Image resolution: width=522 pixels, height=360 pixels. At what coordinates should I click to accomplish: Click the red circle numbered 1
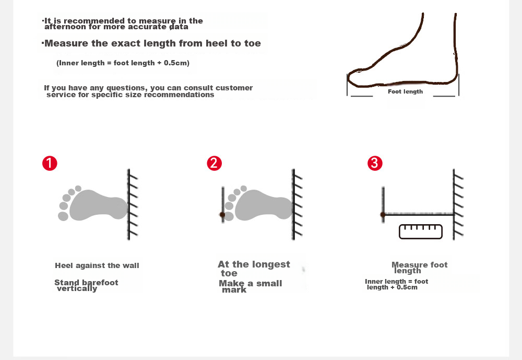coord(50,164)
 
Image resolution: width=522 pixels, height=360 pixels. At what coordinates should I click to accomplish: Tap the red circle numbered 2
coord(214,164)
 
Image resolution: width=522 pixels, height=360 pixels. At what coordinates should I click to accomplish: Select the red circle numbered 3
coord(375,164)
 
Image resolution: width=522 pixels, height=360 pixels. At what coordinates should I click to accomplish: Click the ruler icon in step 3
coord(421,231)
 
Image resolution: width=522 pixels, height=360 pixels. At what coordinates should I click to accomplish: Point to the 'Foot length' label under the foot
coord(405,91)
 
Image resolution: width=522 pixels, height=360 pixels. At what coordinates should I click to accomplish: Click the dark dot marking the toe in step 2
coord(222,215)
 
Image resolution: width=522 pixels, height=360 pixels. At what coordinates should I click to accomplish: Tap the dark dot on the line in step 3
coord(383,215)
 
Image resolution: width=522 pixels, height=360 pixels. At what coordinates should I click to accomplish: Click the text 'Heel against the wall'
coord(97,265)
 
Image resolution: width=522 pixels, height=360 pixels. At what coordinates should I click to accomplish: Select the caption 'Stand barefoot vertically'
coord(86,286)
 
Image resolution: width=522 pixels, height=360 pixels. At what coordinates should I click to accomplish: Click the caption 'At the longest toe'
coord(254,269)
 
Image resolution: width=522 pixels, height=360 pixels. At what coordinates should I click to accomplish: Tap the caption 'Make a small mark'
coord(251,286)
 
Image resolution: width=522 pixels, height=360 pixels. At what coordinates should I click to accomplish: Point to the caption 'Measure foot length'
coord(420,268)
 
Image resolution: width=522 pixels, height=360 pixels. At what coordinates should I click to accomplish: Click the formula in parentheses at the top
coord(123,63)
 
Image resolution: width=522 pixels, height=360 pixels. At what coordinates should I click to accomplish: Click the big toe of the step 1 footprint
coord(63,216)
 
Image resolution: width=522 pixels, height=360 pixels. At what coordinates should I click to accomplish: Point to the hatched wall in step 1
coord(133,204)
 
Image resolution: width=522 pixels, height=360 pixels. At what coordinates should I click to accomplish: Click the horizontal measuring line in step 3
coord(418,214)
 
